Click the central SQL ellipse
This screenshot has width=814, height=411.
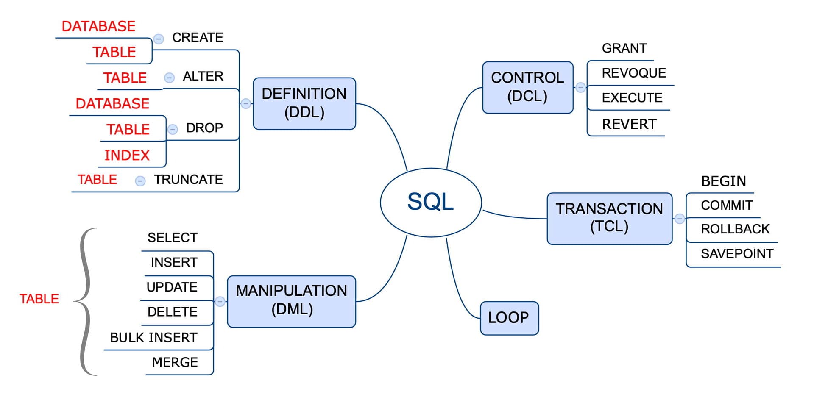pos(431,202)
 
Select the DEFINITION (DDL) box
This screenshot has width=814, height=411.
pos(304,103)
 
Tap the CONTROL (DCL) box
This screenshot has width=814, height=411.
pos(527,87)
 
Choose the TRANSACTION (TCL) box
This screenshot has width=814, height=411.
pos(609,218)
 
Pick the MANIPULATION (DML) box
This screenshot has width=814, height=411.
pos(291,301)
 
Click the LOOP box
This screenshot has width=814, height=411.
pos(509,318)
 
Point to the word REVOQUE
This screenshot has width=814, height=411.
pos(633,73)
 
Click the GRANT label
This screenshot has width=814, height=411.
pos(624,48)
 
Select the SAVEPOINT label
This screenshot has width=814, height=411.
pos(737,253)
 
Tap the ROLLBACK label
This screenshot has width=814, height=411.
pos(735,229)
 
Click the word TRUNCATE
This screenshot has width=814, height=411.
pos(188,180)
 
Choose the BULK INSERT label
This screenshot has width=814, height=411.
pos(153,337)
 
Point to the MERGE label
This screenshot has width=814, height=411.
pos(175,362)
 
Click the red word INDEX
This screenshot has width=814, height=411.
pos(127,156)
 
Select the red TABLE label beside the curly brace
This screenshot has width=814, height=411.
pos(39,299)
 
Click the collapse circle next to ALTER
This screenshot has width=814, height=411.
pos(169,78)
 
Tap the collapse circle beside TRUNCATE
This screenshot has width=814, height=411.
pos(140,181)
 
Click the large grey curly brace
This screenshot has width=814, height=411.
pos(86,301)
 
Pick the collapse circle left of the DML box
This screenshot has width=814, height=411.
pos(220,301)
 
